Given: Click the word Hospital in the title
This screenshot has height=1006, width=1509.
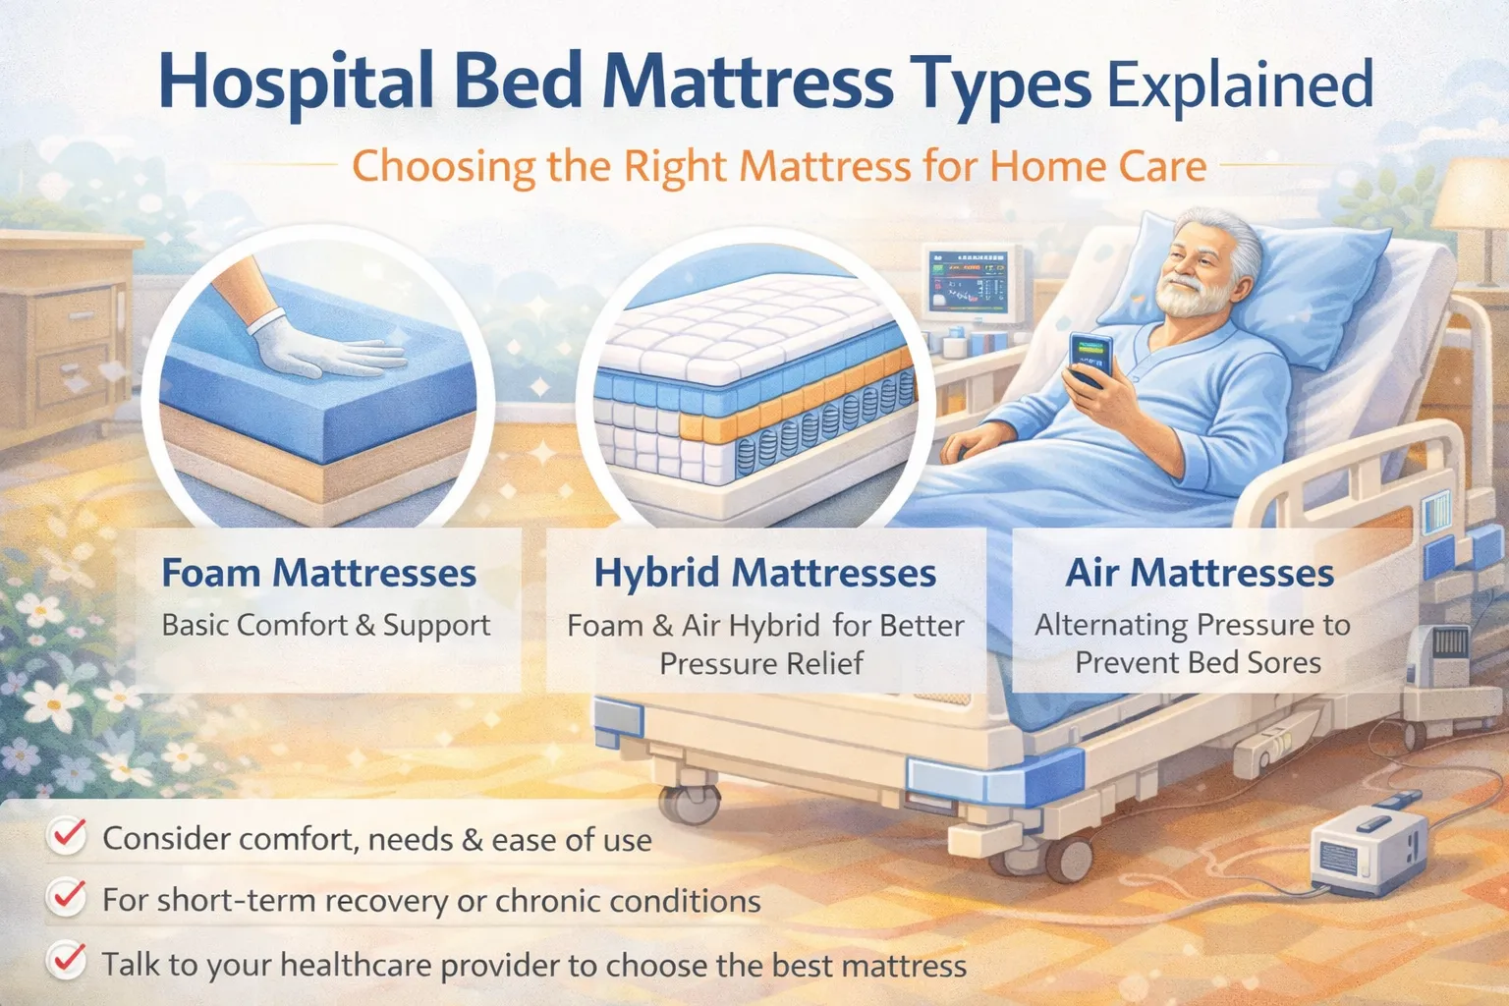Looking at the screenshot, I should (296, 83).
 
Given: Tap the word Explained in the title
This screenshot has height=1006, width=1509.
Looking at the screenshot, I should (1240, 84).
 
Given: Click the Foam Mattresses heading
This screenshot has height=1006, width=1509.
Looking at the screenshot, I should (319, 573).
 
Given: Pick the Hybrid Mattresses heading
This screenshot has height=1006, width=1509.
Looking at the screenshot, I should (764, 573).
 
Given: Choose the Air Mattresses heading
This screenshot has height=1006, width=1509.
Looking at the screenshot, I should (1200, 573).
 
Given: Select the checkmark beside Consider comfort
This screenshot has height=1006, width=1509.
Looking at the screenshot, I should (68, 836).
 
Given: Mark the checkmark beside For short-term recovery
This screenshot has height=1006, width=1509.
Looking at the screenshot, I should (68, 897).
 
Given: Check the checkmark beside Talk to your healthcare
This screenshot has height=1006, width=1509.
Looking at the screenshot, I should (68, 960).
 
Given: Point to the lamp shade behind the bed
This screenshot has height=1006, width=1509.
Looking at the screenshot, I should (1471, 201).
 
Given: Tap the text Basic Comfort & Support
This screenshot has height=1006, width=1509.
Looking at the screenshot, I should (325, 626).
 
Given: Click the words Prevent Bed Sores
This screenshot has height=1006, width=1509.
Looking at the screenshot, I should (1198, 663).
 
